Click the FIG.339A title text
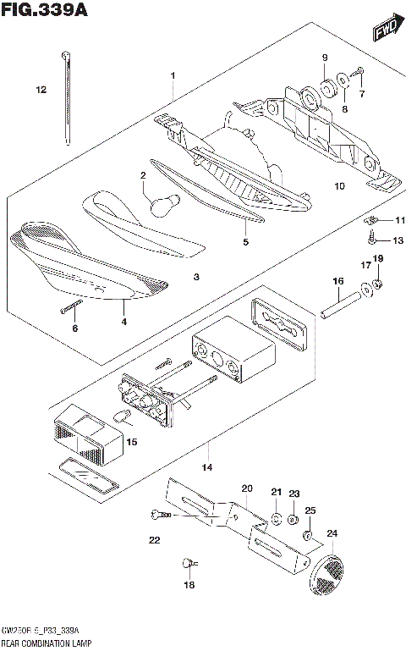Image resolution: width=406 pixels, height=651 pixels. pos(38,10)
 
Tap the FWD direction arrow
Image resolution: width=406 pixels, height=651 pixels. pos(385,32)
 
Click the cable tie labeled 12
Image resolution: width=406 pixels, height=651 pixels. pos(64,97)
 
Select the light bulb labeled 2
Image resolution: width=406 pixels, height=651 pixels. pos(160,204)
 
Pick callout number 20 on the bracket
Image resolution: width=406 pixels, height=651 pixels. pos(247,488)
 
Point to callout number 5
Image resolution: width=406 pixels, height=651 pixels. pos(245,241)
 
